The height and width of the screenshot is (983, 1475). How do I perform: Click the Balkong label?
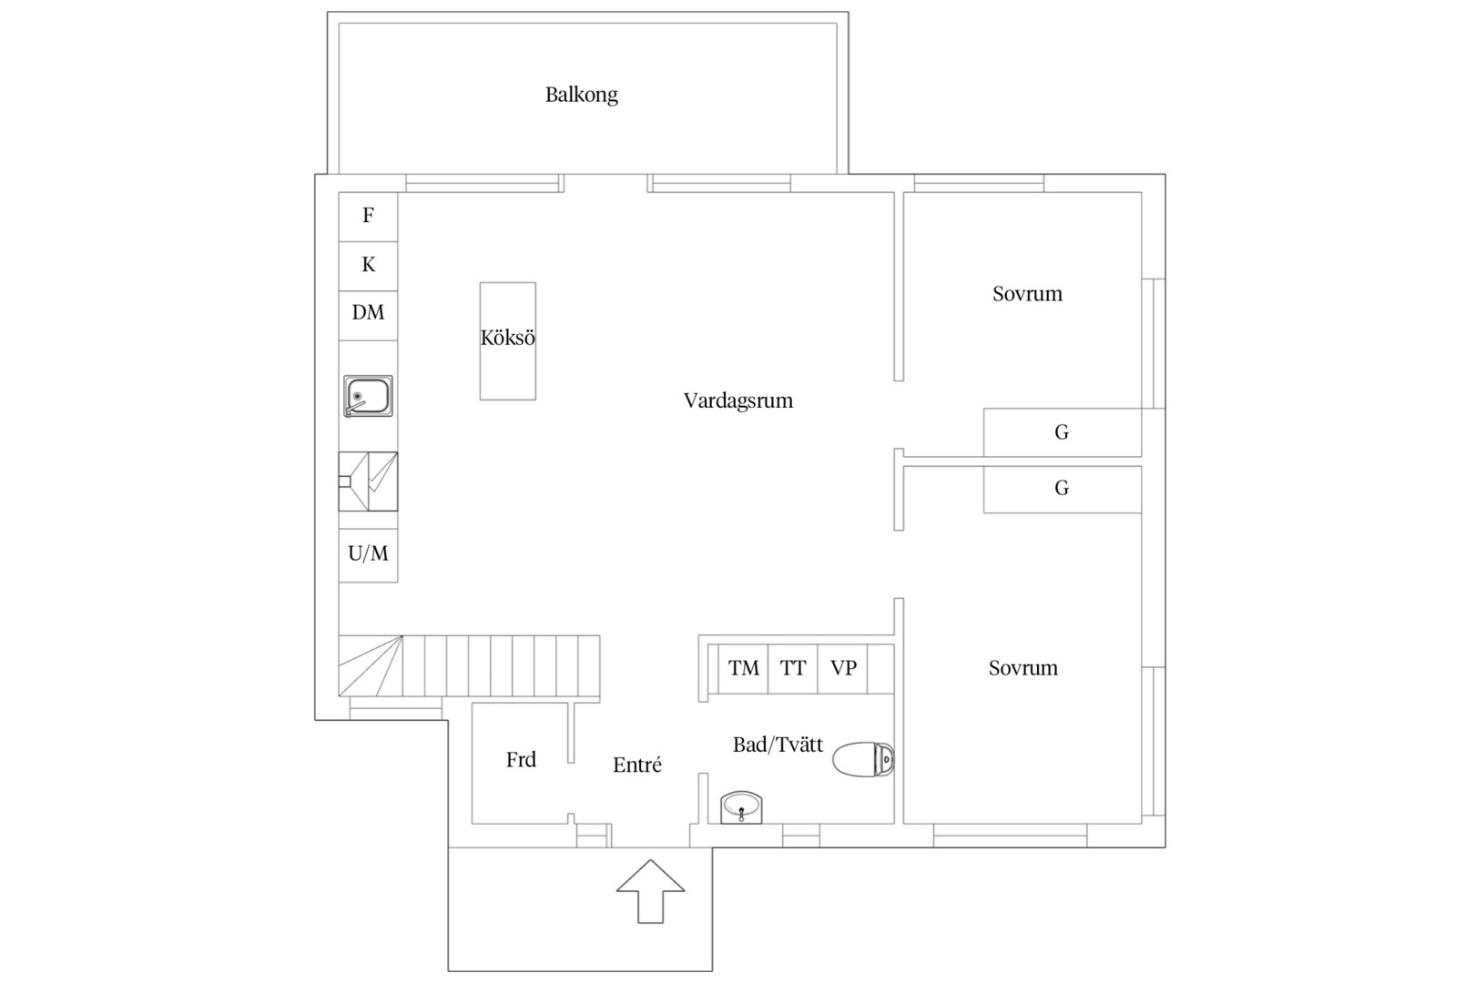[582, 95]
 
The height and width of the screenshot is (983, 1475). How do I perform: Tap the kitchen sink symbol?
[368, 396]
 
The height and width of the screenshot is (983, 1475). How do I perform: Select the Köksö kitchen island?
[508, 341]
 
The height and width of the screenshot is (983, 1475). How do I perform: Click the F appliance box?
[368, 217]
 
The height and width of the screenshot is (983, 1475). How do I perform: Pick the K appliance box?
[368, 266]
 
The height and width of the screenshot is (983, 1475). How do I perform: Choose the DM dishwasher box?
[368, 315]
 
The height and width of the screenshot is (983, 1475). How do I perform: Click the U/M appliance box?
[368, 555]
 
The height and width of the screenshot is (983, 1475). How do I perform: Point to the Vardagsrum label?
[738, 401]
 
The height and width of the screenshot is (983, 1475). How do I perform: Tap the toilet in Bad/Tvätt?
[863, 759]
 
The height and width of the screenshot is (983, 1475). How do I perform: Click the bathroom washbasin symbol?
[741, 807]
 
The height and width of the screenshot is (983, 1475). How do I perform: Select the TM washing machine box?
[743, 669]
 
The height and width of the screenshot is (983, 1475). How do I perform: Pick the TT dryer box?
[793, 669]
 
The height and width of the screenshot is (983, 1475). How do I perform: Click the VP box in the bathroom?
[843, 669]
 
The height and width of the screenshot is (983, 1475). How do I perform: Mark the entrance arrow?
[651, 891]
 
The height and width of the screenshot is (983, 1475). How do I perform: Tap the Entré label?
[636, 765]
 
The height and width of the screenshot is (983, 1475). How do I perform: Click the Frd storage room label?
[521, 760]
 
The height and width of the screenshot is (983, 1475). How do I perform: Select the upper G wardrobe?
[1063, 432]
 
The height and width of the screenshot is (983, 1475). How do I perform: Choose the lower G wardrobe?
[1063, 489]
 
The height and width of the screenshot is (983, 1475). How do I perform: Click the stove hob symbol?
[368, 481]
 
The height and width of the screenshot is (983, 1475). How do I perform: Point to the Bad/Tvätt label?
[778, 745]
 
